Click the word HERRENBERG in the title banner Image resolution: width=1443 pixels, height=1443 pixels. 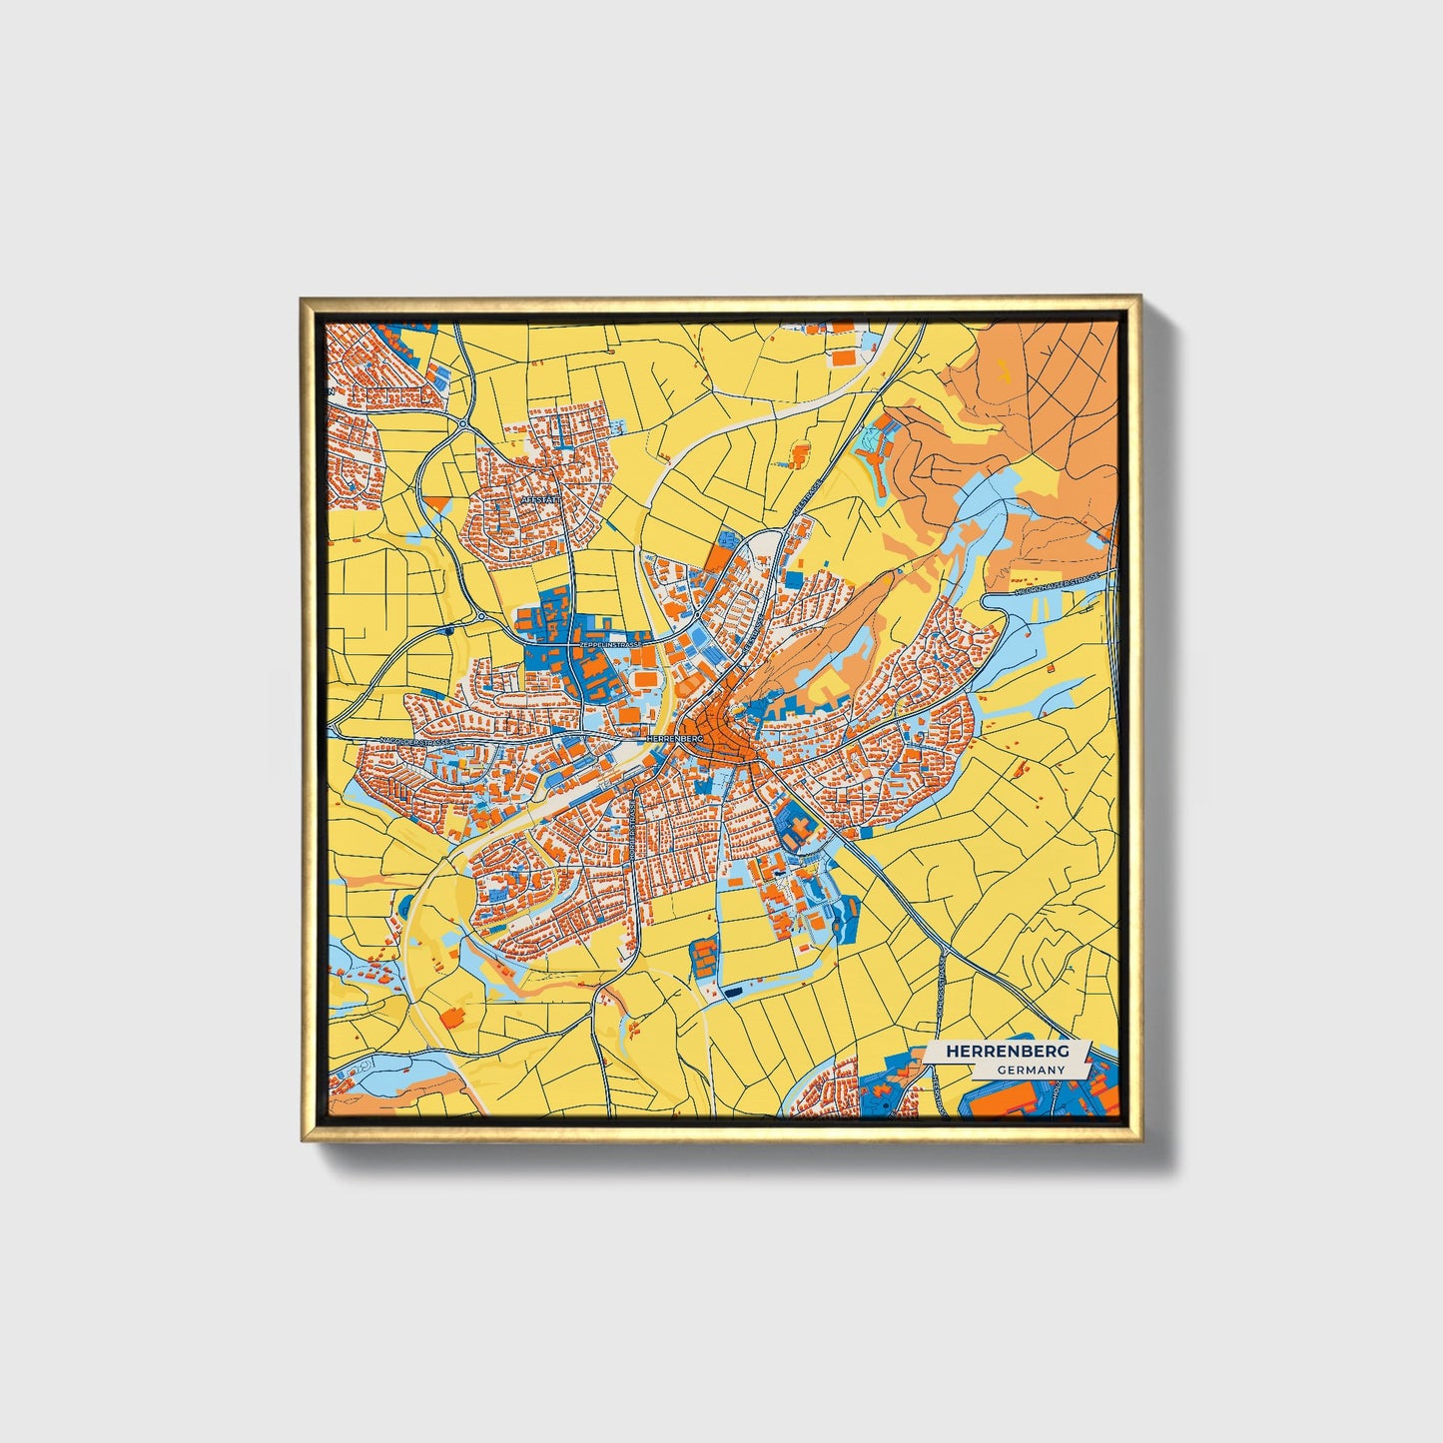(x=1007, y=1052)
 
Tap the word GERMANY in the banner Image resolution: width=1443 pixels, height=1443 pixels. (x=1030, y=1070)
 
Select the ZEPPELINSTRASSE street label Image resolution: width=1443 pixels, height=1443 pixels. (x=608, y=646)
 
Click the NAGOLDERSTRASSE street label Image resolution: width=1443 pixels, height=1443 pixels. (x=411, y=742)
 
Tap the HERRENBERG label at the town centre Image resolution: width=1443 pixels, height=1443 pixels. (x=676, y=737)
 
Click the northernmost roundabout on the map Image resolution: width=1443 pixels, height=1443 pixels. (x=463, y=425)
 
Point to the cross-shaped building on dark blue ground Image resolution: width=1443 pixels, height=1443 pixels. (x=795, y=829)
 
